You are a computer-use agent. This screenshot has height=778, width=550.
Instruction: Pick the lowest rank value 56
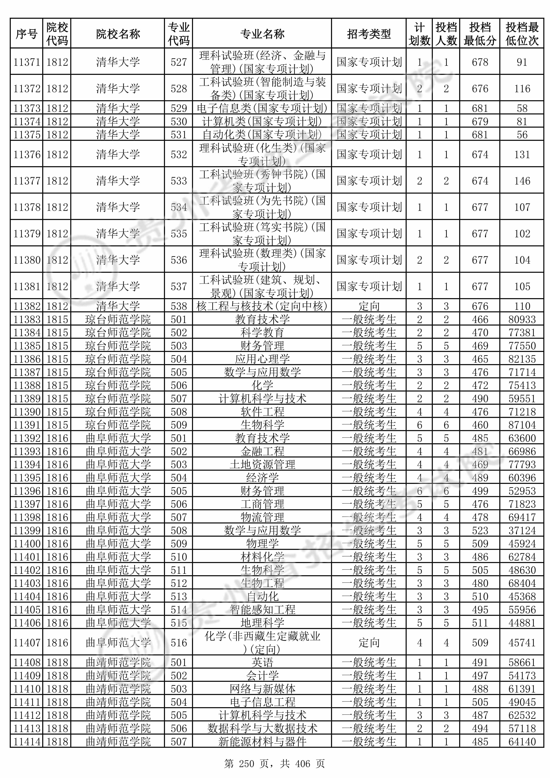[x=522, y=135]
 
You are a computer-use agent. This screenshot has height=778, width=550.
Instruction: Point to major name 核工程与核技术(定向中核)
[x=262, y=306]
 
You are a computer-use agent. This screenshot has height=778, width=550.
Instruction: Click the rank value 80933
[x=522, y=320]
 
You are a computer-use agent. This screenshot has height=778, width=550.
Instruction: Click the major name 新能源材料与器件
[x=262, y=742]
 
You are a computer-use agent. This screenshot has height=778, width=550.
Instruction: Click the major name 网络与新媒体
[x=262, y=689]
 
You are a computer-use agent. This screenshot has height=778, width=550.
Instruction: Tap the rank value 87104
[x=522, y=425]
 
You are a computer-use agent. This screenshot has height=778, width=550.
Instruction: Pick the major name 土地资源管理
[x=262, y=465]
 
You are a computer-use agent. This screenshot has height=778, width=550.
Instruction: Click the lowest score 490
[x=480, y=399]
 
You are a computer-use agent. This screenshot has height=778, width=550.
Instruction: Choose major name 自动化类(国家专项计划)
[x=262, y=135]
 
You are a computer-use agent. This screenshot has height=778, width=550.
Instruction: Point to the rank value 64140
[x=522, y=742]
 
